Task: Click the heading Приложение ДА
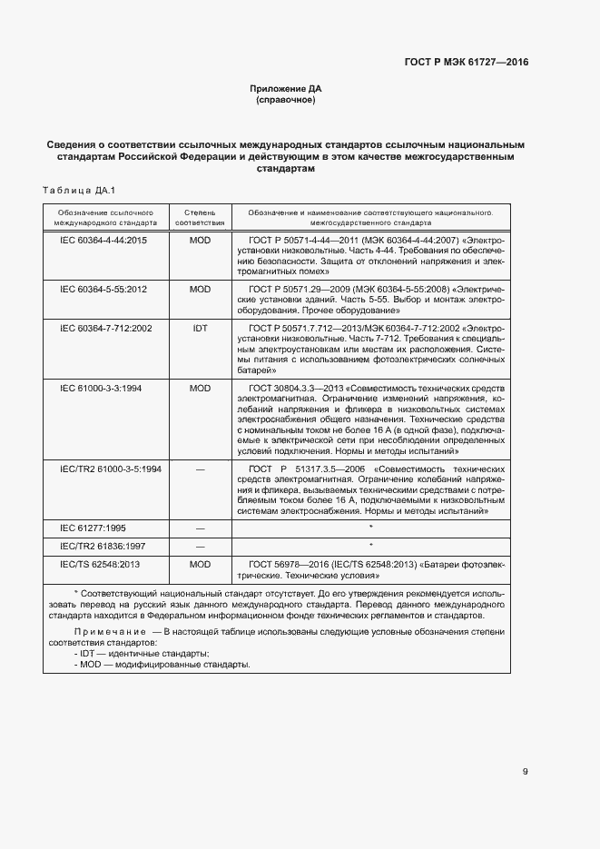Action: coord(286,88)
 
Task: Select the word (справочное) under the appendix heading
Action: coord(286,100)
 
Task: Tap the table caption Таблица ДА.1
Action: coord(74,190)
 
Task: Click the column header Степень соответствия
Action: coord(200,216)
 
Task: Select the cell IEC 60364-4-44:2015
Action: coord(103,241)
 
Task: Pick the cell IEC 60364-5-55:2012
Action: coord(103,289)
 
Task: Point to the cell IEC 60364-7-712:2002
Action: coord(105,327)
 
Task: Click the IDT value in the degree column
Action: coord(200,327)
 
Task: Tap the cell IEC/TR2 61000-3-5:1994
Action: coord(111,469)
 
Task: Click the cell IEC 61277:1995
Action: coord(93,528)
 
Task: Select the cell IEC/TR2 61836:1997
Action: coord(103,546)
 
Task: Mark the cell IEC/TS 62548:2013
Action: coord(100,564)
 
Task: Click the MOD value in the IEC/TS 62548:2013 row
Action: coord(200,564)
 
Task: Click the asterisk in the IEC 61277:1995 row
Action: coord(370,528)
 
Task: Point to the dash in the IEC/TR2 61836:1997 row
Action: coord(200,546)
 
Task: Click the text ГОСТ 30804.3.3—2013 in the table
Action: coord(292,388)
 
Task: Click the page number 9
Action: coord(525,772)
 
